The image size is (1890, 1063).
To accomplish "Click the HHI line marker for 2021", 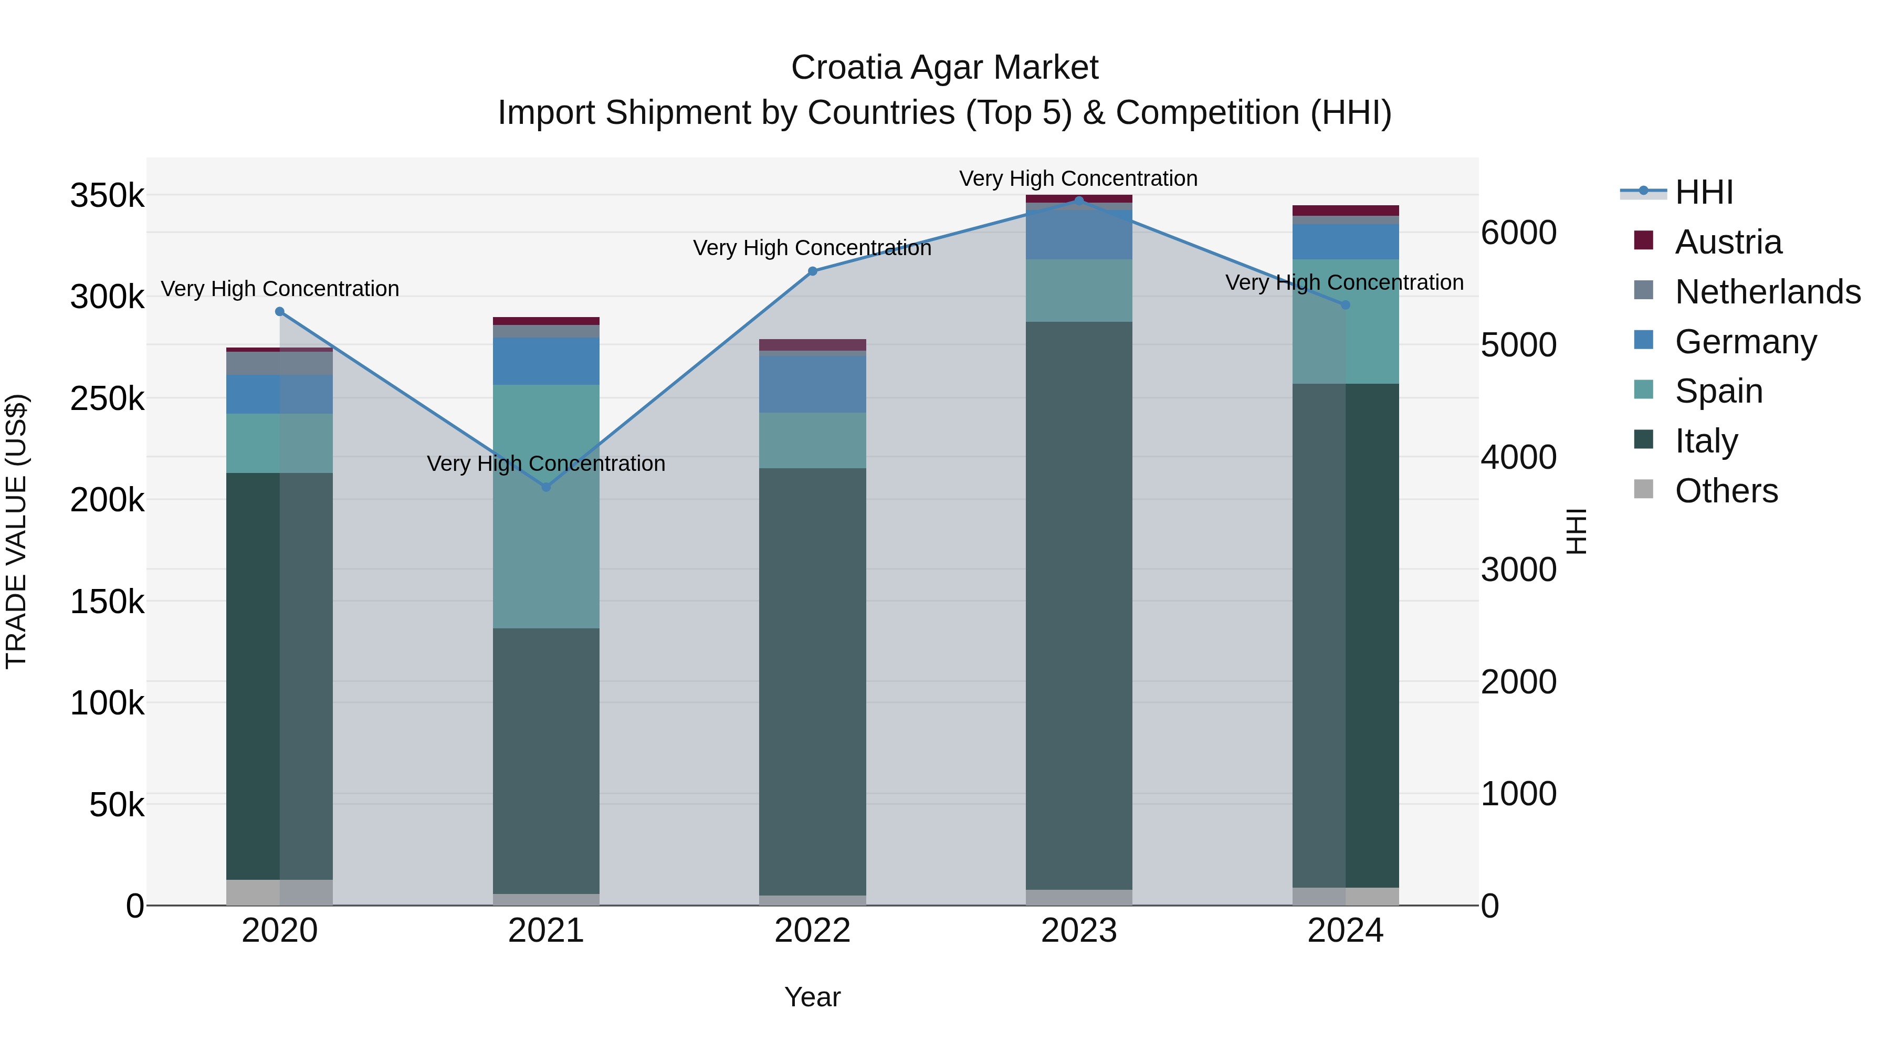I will [x=546, y=487].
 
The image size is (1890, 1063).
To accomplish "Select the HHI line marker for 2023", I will [x=1078, y=201].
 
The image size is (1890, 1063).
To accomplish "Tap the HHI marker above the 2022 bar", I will [x=812, y=271].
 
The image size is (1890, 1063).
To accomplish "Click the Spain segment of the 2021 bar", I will [x=546, y=506].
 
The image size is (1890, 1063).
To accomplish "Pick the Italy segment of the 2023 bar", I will [x=1078, y=605].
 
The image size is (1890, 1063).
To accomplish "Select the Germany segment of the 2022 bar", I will [x=812, y=384].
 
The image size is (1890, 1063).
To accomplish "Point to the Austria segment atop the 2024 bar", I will [x=1345, y=211].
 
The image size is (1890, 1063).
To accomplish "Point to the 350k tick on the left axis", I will [x=107, y=196].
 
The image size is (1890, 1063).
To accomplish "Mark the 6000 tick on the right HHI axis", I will [x=1518, y=233].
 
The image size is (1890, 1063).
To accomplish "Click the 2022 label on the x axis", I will [x=812, y=931].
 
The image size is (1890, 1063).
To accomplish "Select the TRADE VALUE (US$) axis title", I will [x=16, y=531].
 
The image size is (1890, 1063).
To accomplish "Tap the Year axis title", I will [x=812, y=997].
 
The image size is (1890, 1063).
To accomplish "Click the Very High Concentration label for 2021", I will [x=546, y=464].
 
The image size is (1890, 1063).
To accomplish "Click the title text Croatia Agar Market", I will [x=944, y=68].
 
